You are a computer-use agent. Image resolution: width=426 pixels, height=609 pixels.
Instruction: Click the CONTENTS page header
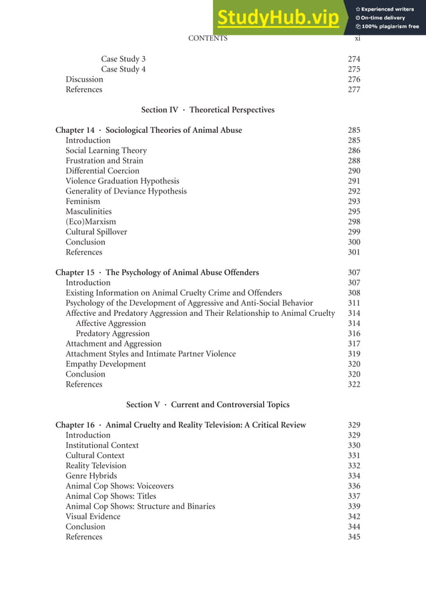208,38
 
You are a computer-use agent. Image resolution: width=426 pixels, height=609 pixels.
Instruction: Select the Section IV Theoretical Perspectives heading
208,110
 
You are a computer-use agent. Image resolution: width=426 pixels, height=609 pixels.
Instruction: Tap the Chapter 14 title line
148,130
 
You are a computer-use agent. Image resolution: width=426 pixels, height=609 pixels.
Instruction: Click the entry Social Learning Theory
105,151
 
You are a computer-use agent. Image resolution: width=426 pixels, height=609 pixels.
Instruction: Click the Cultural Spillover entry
96,232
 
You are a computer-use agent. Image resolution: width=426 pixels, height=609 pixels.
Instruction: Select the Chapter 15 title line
157,272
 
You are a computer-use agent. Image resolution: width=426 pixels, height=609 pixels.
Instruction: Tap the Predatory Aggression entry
112,333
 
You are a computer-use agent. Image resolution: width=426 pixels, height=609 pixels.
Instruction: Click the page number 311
354,303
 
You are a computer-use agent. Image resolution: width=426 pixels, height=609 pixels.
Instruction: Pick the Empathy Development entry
105,364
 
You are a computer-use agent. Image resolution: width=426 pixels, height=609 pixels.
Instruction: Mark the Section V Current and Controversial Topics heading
208,405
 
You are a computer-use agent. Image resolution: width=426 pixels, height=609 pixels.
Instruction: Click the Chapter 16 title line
180,425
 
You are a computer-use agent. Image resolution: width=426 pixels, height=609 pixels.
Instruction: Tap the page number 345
354,537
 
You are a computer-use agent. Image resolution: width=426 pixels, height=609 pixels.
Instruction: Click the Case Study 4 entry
123,69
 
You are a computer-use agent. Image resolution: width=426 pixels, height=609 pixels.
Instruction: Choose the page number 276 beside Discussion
354,79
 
